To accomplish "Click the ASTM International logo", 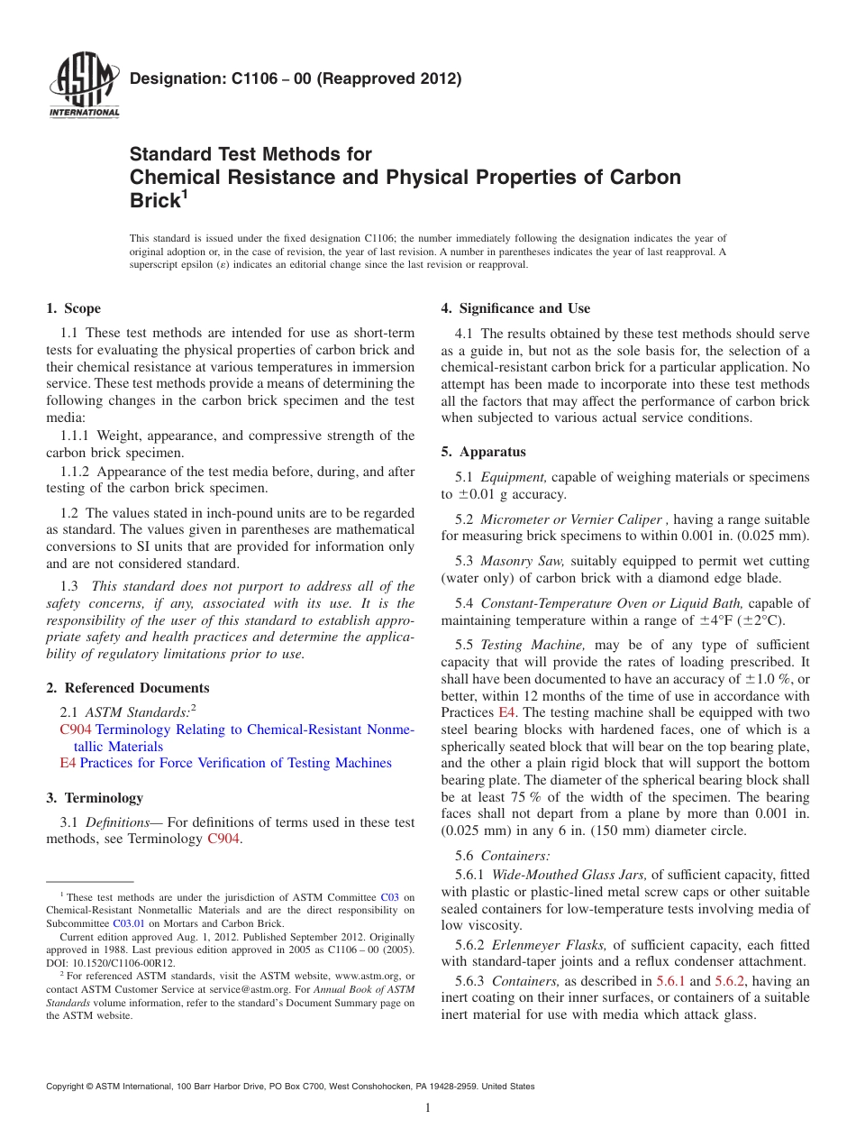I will (84, 87).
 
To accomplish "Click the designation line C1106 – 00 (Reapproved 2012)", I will (296, 78).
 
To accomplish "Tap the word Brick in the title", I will (155, 200).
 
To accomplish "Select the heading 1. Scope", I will (74, 308).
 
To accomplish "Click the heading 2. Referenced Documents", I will (128, 688).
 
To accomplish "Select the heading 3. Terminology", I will (95, 798).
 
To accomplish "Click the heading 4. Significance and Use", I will (515, 308).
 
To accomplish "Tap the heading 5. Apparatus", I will (484, 452).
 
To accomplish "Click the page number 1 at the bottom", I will (428, 1108).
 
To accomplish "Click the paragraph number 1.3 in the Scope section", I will (68, 586).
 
